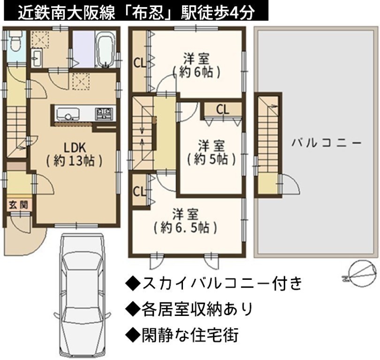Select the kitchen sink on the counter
click(x=68, y=113)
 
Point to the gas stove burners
click(x=104, y=113)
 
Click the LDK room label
click(x=75, y=148)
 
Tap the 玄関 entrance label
click(x=18, y=205)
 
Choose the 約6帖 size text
click(x=196, y=72)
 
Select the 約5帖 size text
click(x=211, y=159)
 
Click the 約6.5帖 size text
click(x=185, y=227)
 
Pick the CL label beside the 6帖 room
click(x=140, y=63)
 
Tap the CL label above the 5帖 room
click(x=222, y=110)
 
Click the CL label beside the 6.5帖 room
click(x=139, y=192)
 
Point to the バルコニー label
click(x=327, y=143)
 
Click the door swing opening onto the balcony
click(x=291, y=183)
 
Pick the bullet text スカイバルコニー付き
click(x=214, y=283)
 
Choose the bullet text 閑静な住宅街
click(x=182, y=335)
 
